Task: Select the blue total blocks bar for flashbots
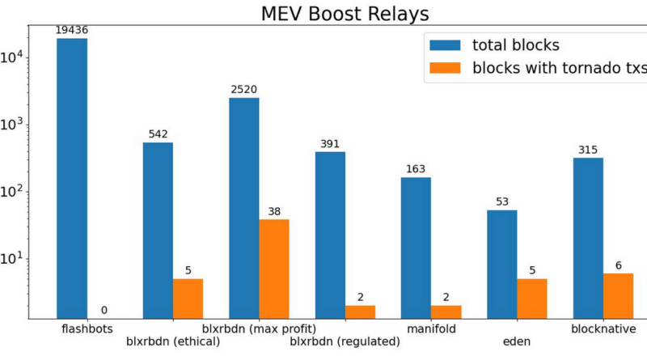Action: click(72, 178)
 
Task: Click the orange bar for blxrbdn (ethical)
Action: click(188, 299)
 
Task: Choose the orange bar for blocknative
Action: click(618, 295)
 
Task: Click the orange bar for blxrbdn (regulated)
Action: click(360, 311)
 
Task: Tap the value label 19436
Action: click(72, 30)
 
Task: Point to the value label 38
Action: click(274, 212)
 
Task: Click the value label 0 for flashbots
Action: click(103, 311)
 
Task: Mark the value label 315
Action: click(588, 150)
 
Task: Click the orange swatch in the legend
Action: click(446, 68)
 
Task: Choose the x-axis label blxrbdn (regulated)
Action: click(345, 341)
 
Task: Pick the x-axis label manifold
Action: click(431, 329)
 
